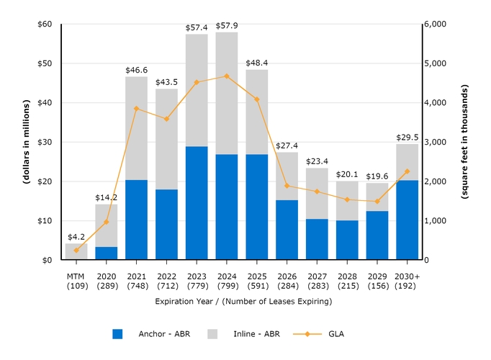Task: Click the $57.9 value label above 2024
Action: tap(226, 26)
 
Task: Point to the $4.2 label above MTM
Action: tap(76, 236)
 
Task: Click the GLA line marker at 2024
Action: tap(226, 76)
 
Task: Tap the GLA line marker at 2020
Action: tap(107, 222)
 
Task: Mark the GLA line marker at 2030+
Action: tap(407, 171)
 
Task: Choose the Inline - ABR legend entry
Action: tap(238, 334)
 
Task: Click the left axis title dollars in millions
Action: tap(25, 142)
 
